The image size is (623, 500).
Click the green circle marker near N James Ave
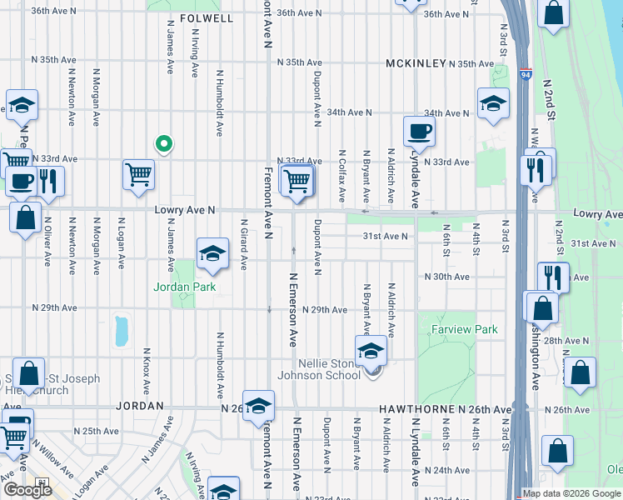[x=165, y=143]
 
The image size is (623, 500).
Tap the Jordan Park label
[x=184, y=287]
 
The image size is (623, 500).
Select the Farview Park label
[x=465, y=330]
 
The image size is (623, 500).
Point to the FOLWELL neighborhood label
[x=204, y=17]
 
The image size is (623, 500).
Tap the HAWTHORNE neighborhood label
[x=414, y=410]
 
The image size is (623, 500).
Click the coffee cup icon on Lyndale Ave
[x=419, y=131]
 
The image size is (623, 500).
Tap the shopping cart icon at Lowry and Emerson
[x=297, y=179]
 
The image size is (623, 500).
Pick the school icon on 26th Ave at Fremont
[x=259, y=405]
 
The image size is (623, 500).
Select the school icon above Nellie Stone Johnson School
[x=371, y=350]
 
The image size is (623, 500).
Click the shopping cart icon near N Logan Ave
[x=138, y=174]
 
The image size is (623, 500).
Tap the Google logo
[x=28, y=490]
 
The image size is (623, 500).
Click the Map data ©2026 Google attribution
[x=572, y=493]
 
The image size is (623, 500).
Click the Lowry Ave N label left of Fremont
[x=185, y=212]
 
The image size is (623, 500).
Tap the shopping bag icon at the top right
[x=554, y=13]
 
